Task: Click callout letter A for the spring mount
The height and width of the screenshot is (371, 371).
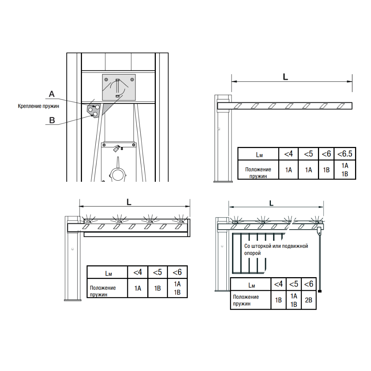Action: [52, 94]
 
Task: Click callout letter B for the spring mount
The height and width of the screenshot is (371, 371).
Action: [52, 120]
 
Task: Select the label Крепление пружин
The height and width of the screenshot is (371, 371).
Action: [38, 106]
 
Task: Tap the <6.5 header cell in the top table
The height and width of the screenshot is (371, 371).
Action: [345, 154]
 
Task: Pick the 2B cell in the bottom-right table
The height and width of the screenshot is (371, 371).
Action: [309, 300]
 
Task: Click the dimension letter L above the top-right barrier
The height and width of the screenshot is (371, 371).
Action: [285, 77]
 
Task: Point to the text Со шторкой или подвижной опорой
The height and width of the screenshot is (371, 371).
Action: [276, 249]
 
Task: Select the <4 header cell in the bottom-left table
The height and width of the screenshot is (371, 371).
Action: [138, 272]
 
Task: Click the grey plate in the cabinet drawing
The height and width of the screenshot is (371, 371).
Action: [119, 87]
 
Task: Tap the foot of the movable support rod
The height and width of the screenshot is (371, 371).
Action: [320, 291]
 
